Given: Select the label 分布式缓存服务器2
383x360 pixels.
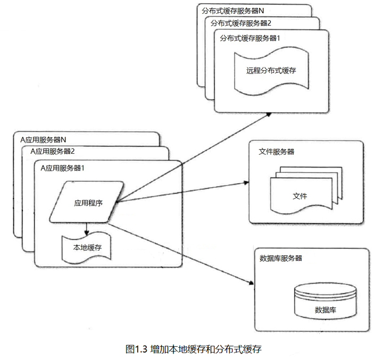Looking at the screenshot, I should tap(241, 23).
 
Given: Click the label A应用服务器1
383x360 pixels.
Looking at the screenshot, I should tap(63, 168).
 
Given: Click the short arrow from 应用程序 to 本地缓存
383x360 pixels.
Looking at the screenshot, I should tap(87, 229).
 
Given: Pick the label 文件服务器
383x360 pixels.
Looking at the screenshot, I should tap(277, 152).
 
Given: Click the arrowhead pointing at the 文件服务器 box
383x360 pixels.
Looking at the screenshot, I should tap(246, 182).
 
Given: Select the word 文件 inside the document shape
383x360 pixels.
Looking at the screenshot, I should tap(300, 196).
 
